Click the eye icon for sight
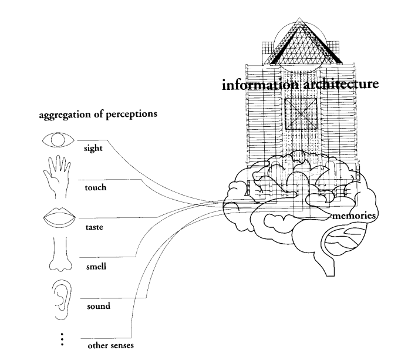[x=58, y=140]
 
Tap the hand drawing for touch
[x=57, y=176]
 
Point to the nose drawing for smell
[x=60, y=254]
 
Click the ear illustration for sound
[x=62, y=300]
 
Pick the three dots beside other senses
[x=62, y=339]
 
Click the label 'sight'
[x=93, y=148]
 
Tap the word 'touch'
[x=96, y=187]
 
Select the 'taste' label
[x=95, y=227]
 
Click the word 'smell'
[x=96, y=267]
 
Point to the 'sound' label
[x=99, y=306]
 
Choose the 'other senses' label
[x=111, y=345]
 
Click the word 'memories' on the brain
[x=353, y=216]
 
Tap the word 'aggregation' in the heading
[x=65, y=115]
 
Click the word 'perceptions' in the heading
[x=131, y=115]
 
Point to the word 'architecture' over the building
[x=341, y=83]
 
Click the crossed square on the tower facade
[x=301, y=114]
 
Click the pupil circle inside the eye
[x=58, y=140]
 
